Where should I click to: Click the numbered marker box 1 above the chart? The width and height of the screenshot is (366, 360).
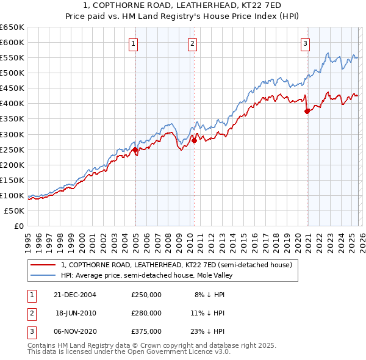[x=133, y=43]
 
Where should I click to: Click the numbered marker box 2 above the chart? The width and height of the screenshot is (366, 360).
[x=192, y=43]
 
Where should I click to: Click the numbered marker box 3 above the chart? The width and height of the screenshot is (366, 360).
[x=304, y=43]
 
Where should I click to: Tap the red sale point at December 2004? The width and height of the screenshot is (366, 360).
[x=135, y=149]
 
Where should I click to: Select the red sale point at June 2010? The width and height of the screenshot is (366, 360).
[x=194, y=140]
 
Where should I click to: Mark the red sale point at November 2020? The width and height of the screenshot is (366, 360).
[x=307, y=111]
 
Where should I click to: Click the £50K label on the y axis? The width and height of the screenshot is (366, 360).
[x=15, y=211]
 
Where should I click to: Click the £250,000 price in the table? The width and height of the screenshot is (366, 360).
[x=146, y=294]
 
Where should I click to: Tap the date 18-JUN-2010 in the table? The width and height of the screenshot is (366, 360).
[x=76, y=313]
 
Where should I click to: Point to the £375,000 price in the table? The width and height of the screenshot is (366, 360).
[x=146, y=332]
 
